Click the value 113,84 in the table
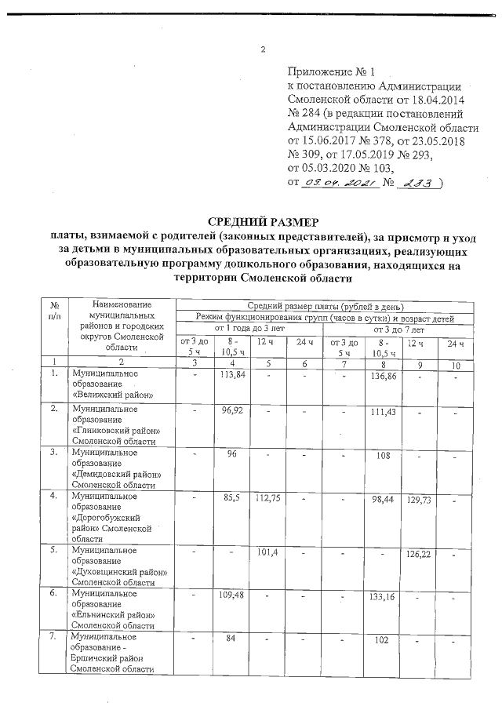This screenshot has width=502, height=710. [229, 376]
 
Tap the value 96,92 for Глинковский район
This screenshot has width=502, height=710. [229, 411]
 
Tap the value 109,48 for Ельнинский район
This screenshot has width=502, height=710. [229, 596]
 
